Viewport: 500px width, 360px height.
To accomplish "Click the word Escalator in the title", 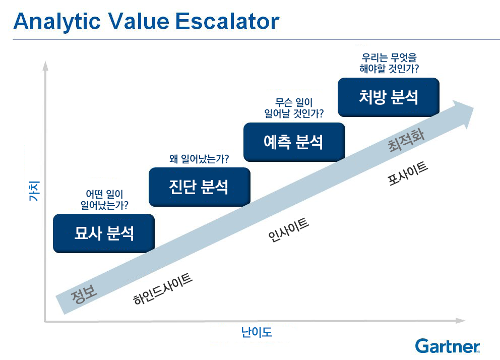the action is [227, 21].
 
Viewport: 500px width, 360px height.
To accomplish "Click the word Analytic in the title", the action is [57, 22].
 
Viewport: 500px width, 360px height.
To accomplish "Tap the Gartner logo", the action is [448, 346].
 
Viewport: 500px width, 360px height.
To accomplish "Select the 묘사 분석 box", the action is [104, 233].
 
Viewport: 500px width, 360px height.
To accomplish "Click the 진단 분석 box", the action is [199, 187].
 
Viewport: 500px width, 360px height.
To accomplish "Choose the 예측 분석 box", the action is [294, 142].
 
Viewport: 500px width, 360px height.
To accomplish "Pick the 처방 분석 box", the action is [389, 97].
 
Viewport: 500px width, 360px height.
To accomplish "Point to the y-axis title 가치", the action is [34, 191].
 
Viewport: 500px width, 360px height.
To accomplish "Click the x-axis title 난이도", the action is [257, 332].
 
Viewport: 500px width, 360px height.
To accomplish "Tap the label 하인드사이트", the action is [163, 289].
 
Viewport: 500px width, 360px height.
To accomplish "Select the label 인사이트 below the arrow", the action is [289, 229].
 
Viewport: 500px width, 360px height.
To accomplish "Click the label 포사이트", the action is [408, 173].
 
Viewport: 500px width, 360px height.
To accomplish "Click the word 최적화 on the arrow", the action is [406, 141].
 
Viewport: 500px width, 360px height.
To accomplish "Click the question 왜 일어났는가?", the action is [199, 158].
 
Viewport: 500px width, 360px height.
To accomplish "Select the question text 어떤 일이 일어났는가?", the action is [104, 200].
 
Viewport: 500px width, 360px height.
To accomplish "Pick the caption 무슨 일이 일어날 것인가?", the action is [294, 108].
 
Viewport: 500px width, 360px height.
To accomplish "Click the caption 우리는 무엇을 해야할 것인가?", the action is [389, 63].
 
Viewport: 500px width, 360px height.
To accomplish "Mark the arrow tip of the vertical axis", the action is [45, 62].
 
